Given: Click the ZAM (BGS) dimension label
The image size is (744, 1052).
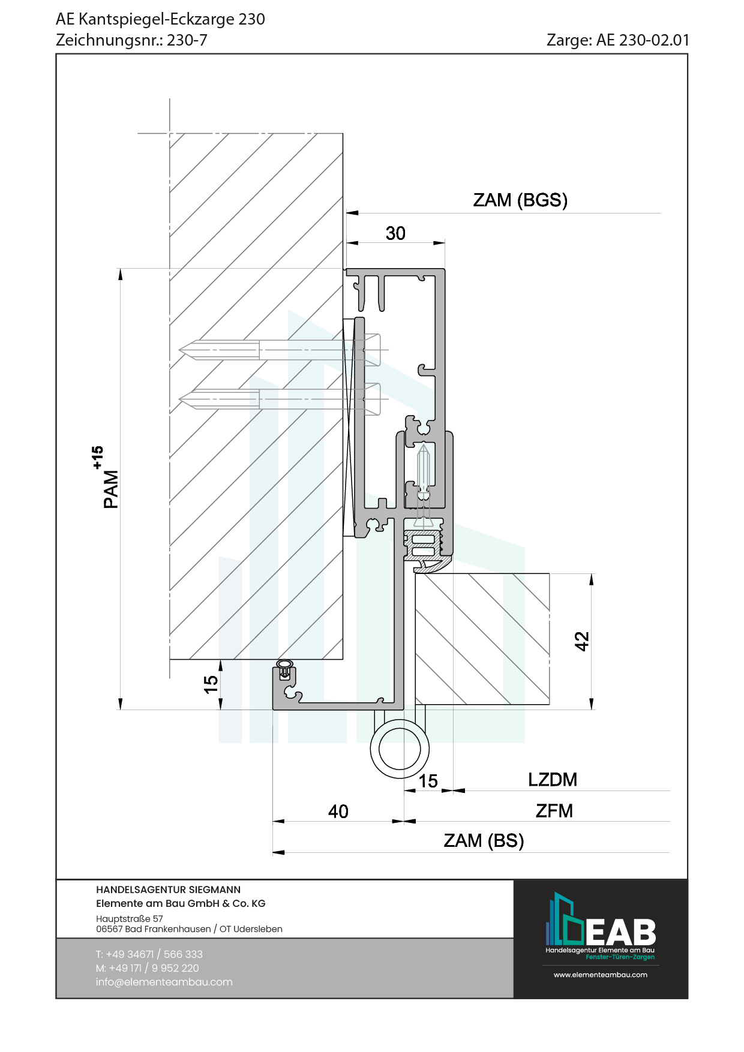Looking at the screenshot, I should pyautogui.click(x=520, y=200).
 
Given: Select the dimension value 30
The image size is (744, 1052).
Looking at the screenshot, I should pyautogui.click(x=395, y=233).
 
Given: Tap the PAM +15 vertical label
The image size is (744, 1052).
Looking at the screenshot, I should pyautogui.click(x=106, y=478).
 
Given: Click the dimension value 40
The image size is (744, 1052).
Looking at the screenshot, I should pyautogui.click(x=338, y=811).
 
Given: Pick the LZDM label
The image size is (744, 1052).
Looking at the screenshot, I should pyautogui.click(x=553, y=780).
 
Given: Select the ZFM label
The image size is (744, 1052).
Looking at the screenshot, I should pyautogui.click(x=554, y=811).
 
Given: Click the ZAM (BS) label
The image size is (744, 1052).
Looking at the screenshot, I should pyautogui.click(x=484, y=841).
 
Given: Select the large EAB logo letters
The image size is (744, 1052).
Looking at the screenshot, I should pyautogui.click(x=620, y=932).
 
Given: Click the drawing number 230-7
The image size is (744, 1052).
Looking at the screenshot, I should pyautogui.click(x=187, y=40).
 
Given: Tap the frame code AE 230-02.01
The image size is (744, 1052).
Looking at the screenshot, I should pyautogui.click(x=643, y=40).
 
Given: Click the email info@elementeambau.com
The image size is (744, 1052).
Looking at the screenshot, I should pyautogui.click(x=164, y=982).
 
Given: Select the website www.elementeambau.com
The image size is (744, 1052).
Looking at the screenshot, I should pyautogui.click(x=600, y=975).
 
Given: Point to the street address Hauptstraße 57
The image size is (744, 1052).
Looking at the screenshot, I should pyautogui.click(x=130, y=918).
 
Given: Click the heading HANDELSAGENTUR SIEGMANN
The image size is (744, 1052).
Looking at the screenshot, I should pyautogui.click(x=168, y=889).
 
